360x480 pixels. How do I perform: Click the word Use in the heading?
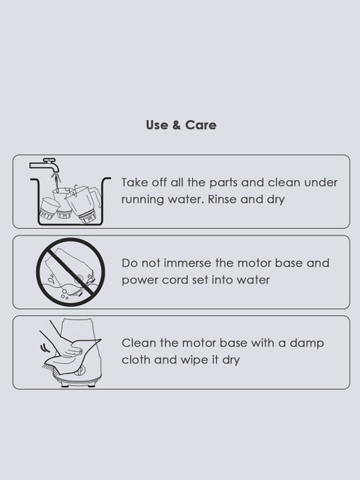157,125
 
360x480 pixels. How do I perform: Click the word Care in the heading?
201,125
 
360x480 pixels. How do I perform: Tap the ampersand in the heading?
176,125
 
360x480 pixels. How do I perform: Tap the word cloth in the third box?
136,360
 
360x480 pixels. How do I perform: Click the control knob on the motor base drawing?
80,370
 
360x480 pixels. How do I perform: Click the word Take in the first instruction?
133,182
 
